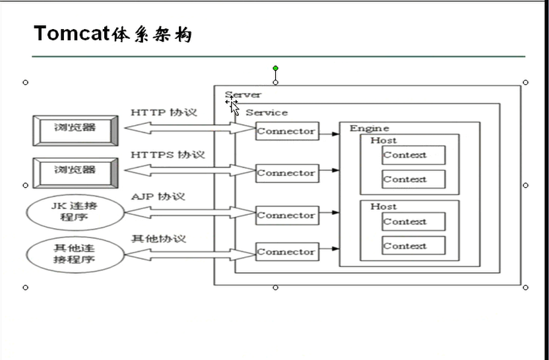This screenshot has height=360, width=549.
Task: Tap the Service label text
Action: (x=267, y=113)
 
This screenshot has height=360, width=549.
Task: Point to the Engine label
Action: (x=369, y=129)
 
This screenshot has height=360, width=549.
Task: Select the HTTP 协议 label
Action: (x=164, y=113)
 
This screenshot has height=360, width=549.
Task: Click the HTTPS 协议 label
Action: (x=168, y=155)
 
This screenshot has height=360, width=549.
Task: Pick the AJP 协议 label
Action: (x=158, y=196)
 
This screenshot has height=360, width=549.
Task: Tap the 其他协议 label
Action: (x=158, y=238)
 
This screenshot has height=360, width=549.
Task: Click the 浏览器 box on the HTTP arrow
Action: (x=75, y=129)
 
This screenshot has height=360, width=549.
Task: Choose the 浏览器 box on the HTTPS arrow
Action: (x=75, y=171)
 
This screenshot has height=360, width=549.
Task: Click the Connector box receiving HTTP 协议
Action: (x=286, y=131)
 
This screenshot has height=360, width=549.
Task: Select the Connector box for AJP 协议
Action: (x=286, y=215)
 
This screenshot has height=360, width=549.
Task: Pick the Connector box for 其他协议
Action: (x=286, y=251)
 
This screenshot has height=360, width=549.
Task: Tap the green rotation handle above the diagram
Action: (x=275, y=68)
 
